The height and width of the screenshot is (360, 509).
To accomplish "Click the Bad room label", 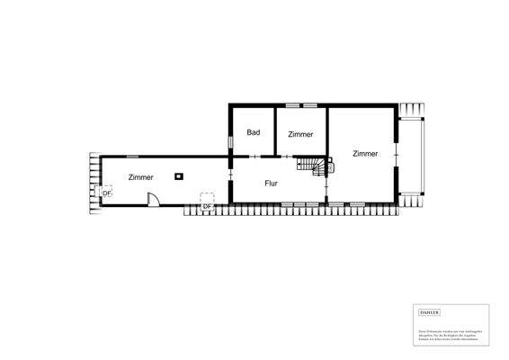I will [254, 132].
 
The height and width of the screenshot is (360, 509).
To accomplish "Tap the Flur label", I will [271, 183].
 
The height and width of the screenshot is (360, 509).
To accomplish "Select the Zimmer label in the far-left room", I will [140, 177].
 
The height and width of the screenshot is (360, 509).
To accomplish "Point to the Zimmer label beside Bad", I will [300, 134].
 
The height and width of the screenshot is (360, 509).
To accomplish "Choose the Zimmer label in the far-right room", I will [364, 153].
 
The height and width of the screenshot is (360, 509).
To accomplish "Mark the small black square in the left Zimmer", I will [180, 175].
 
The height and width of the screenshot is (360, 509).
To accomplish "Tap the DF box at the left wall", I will [106, 193].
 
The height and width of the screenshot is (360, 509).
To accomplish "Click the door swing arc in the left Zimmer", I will [155, 199].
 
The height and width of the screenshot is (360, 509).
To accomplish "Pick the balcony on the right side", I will [415, 155].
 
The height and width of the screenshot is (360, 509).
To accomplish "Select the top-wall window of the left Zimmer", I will [132, 156].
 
